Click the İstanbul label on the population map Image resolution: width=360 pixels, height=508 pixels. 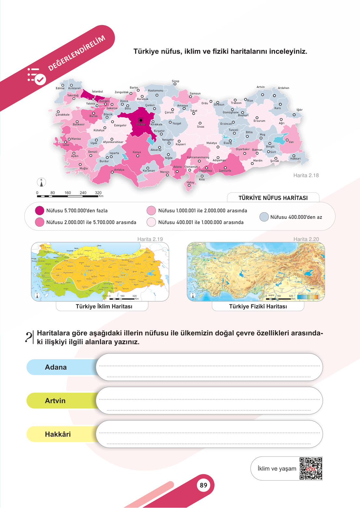click(x=97, y=92)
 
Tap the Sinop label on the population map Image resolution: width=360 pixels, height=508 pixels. click(x=175, y=81)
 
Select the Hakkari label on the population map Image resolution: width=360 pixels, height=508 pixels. click(x=295, y=159)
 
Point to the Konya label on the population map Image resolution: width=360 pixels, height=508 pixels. click(x=137, y=152)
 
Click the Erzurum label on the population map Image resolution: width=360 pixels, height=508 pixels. click(x=259, y=121)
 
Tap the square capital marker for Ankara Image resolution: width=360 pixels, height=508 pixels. click(x=141, y=120)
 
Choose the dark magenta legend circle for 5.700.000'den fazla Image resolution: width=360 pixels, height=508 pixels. click(x=39, y=211)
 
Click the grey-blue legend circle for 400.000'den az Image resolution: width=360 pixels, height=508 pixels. click(x=264, y=217)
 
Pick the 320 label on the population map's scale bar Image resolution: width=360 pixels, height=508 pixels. click(x=98, y=193)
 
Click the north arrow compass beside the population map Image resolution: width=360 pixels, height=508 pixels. click(x=41, y=182)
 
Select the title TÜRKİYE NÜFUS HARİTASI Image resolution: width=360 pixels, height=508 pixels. click(x=273, y=198)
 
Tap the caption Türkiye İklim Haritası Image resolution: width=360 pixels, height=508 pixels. click(x=104, y=306)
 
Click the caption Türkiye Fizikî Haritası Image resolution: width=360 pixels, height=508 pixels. click(x=258, y=306)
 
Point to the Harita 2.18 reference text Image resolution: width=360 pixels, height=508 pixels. click(x=306, y=176)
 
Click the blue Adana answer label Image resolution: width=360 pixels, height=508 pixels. click(x=56, y=367)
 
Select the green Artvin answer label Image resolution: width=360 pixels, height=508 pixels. click(x=55, y=401)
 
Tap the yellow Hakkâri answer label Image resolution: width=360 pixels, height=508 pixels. click(x=58, y=434)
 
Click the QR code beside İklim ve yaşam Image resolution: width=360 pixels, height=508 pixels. click(x=311, y=469)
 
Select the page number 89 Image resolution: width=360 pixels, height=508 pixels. click(x=203, y=485)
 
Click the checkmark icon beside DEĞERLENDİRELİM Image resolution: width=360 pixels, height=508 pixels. click(x=40, y=79)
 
